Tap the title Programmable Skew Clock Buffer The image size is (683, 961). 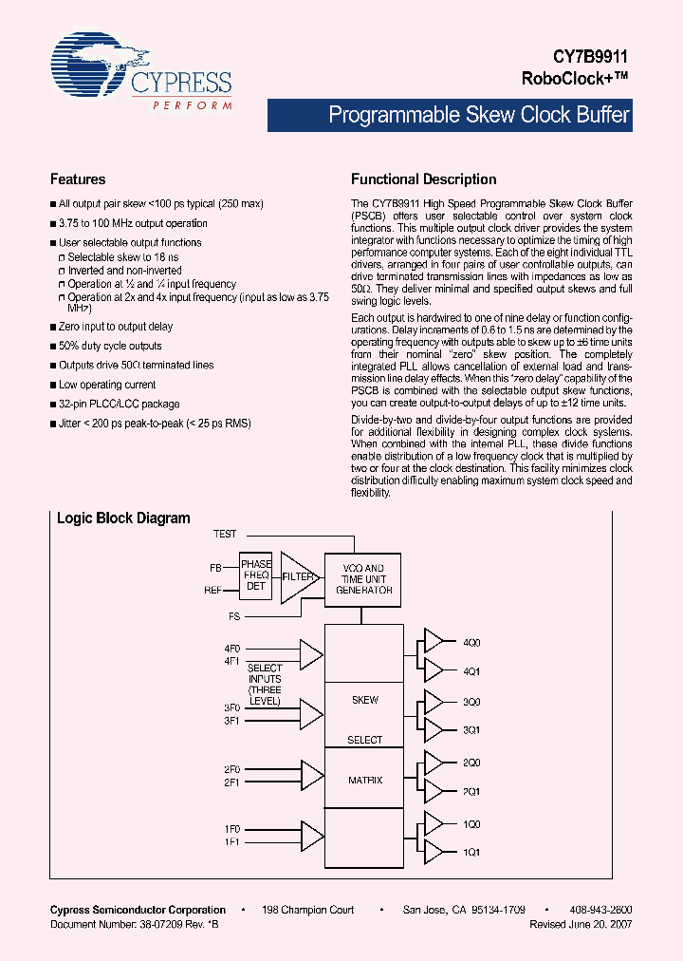[478, 116]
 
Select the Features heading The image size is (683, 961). [78, 179]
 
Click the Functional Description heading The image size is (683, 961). [424, 179]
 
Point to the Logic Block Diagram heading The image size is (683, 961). [123, 518]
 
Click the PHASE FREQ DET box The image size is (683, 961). [256, 576]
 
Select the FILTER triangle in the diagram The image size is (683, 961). [297, 576]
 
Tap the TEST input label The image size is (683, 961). [226, 534]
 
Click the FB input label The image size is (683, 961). [216, 568]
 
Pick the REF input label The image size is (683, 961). [214, 590]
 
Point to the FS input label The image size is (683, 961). [234, 616]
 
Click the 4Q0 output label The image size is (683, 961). [471, 643]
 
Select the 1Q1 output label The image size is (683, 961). [471, 852]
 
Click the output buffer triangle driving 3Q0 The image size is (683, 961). [433, 702]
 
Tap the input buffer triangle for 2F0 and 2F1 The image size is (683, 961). [311, 773]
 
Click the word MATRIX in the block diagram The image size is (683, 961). [365, 780]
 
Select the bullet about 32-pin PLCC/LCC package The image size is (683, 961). [119, 404]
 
